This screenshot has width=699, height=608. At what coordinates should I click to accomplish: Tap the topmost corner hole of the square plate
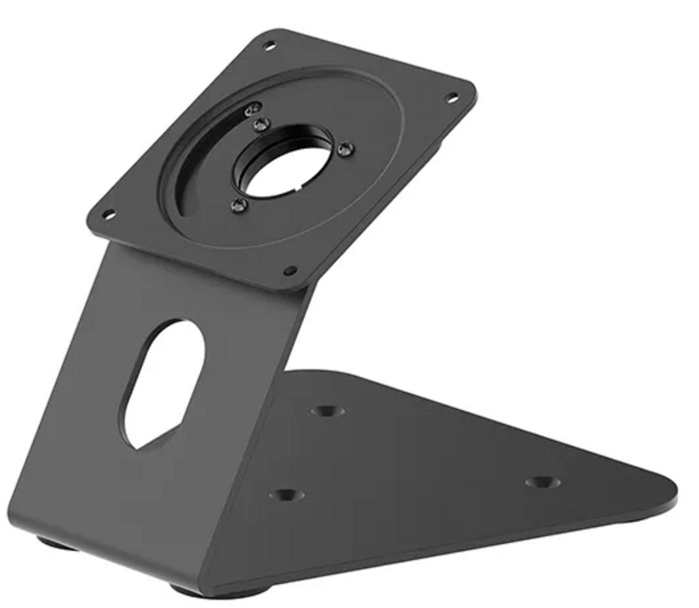click(x=270, y=45)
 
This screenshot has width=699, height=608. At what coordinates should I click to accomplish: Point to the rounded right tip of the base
click(x=673, y=495)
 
